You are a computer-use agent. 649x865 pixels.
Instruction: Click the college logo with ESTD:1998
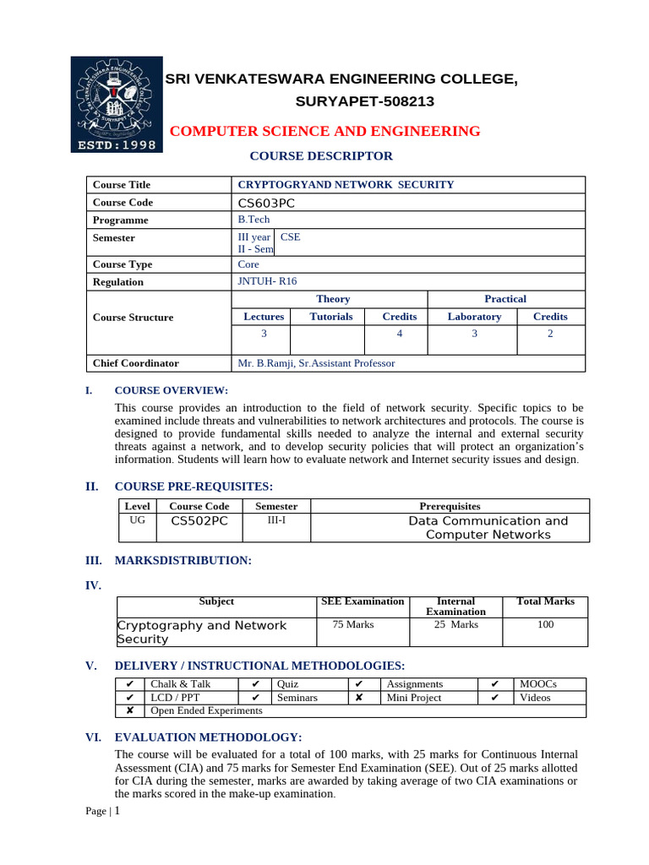coord(116,104)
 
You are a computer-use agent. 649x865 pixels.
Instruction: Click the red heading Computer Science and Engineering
coord(325,131)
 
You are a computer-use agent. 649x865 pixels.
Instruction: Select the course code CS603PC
coord(266,203)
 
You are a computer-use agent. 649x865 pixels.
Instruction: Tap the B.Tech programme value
coord(254,220)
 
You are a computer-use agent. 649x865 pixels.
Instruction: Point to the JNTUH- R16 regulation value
coord(268,281)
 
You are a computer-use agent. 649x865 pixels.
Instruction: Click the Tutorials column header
coord(331,317)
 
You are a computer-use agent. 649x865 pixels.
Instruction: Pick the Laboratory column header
coord(474,317)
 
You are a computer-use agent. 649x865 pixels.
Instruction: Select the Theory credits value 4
coord(400,334)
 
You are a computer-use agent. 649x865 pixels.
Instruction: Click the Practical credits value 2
coord(550,334)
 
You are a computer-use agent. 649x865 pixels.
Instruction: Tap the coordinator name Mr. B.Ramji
coord(316,363)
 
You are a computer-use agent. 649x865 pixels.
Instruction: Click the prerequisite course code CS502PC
coord(199,521)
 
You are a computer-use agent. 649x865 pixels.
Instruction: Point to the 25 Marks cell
coord(455,625)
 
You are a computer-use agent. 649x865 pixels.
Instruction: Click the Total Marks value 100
coord(545,625)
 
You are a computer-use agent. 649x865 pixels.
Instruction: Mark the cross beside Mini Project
coord(359,698)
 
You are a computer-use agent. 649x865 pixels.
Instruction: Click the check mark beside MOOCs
coord(495,684)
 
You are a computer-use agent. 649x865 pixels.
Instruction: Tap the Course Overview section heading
coord(171,390)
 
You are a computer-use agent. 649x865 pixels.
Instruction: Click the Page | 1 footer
coord(104,811)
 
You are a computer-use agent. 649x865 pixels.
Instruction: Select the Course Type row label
coord(123,264)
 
